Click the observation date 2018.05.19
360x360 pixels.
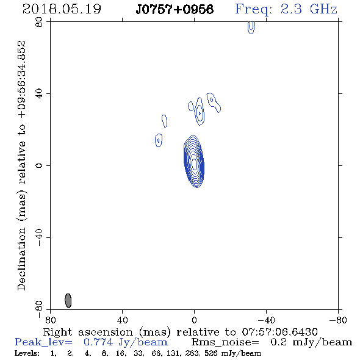[62, 9]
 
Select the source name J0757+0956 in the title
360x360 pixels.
[175, 9]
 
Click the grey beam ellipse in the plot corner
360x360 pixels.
[68, 301]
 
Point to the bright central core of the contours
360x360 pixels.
[194, 164]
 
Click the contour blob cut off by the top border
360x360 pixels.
[251, 27]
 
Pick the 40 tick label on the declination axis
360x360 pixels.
[39, 94]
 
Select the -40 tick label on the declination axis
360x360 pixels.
[39, 237]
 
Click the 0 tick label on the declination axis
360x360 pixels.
[39, 165]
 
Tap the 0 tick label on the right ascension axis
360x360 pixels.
[194, 320]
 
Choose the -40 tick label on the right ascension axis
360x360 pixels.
[266, 320]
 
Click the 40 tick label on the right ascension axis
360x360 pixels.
[122, 320]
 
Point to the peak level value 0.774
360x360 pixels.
[98, 342]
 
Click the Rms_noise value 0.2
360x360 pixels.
[278, 342]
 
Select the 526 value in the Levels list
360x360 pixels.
[211, 353]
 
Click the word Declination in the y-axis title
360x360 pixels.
[21, 259]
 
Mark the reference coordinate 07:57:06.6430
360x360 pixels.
[279, 332]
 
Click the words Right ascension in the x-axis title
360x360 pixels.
[88, 332]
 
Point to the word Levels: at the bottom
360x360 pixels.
[27, 353]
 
